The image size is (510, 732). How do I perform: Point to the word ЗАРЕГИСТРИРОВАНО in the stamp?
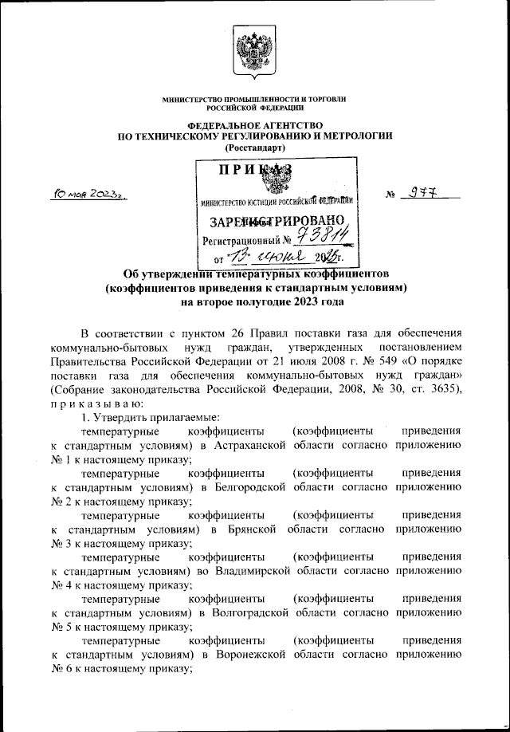click(x=276, y=221)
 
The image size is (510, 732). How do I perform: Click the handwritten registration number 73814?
click(x=320, y=238)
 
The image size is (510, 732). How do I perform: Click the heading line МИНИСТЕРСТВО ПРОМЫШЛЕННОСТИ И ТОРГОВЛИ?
click(x=254, y=98)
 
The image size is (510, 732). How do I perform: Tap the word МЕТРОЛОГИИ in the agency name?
click(x=354, y=136)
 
